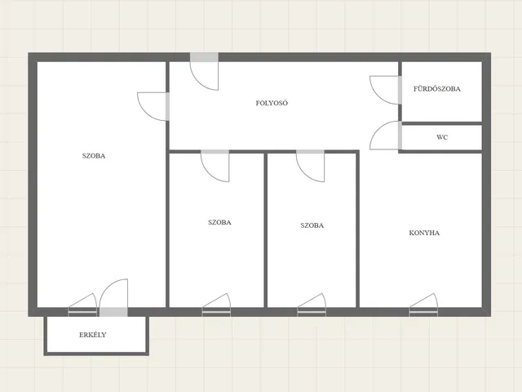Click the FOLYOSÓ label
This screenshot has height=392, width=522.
point(272,103)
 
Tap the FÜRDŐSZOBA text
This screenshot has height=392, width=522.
point(437,89)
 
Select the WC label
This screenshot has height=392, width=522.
point(442,137)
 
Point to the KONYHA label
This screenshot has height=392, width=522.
point(424,233)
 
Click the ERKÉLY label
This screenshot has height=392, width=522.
point(92,335)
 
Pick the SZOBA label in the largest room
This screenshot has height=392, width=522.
point(94,156)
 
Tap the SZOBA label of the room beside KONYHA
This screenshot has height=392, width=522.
point(312,225)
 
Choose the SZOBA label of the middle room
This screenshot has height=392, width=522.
point(219,222)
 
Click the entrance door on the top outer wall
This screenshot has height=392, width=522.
point(204,71)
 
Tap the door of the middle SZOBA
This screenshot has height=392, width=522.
point(215,166)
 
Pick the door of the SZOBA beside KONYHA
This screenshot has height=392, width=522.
point(310,166)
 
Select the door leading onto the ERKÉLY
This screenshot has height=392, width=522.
point(113,297)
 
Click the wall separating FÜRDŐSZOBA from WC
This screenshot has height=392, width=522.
point(442,123)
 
